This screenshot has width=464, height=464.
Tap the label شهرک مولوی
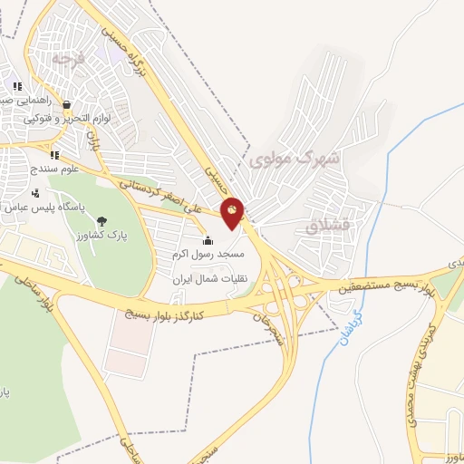(x=293, y=159)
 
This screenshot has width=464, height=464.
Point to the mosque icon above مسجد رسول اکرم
(x=208, y=241)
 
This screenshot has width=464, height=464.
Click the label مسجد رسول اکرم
(x=208, y=255)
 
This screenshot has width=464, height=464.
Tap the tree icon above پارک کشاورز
(x=100, y=221)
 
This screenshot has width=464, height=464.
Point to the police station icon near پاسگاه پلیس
(x=35, y=193)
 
